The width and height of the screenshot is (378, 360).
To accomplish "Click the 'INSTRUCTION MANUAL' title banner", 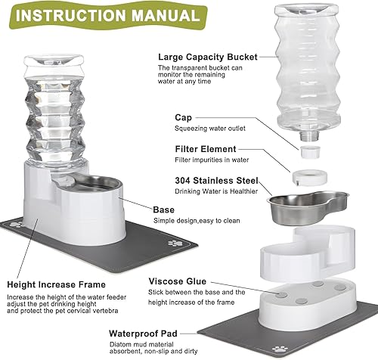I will pyautogui.click(x=104, y=14).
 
